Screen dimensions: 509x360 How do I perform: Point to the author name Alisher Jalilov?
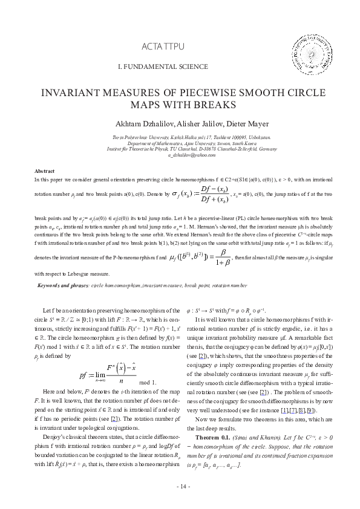pos(192,123)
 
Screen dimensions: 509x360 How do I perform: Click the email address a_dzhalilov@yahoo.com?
pos(179,155)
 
